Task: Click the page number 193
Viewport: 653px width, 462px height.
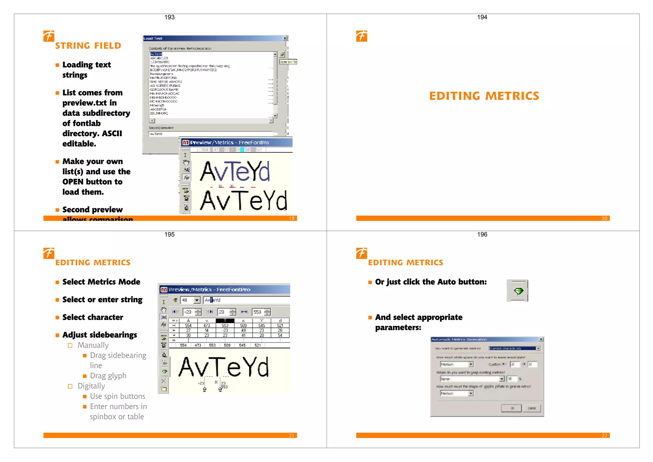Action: coord(169,17)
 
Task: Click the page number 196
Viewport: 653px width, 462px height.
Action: coord(482,234)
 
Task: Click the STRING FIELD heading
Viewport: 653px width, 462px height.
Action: coord(88,46)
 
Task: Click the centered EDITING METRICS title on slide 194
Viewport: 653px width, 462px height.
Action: coord(484,96)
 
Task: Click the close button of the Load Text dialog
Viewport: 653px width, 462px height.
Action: coord(285,38)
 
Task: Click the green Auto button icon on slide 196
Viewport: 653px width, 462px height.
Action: coord(518,291)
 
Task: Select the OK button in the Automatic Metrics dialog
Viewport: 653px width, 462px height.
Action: coord(512,408)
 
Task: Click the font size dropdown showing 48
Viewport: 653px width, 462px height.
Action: coord(190,300)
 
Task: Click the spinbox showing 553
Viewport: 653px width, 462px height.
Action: coord(261,312)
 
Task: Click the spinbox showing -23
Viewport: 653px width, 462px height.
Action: coord(192,312)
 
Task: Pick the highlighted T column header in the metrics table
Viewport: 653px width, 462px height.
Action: coord(225,320)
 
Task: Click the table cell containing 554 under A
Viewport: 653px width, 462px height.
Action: coord(188,326)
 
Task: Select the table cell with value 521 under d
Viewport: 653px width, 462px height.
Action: coord(280,326)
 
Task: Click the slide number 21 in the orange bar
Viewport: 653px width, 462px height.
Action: coord(291,436)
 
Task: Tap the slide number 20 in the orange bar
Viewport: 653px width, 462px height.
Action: coord(604,218)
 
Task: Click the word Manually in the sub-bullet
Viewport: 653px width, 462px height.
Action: coord(93,345)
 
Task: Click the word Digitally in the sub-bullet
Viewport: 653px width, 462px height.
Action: coord(91,386)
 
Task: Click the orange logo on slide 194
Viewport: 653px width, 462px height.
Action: coord(362,36)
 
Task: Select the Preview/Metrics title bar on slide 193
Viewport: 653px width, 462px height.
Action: coord(236,143)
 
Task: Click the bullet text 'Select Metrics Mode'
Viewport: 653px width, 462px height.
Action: coord(101,282)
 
